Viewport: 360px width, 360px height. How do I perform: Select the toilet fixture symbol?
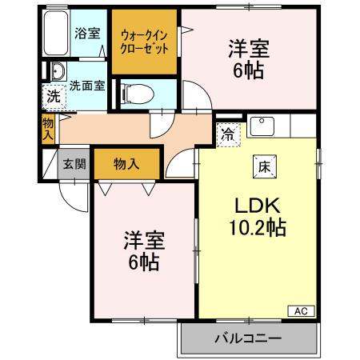point(135,93)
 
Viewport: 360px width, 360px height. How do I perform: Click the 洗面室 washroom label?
point(86,84)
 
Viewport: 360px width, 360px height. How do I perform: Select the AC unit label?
point(301,311)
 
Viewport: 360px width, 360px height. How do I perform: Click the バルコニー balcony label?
point(247,338)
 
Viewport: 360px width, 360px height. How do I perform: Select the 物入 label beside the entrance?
point(126,164)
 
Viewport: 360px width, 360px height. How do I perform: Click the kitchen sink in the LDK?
point(263,126)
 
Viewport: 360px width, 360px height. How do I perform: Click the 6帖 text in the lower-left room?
point(143,261)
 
